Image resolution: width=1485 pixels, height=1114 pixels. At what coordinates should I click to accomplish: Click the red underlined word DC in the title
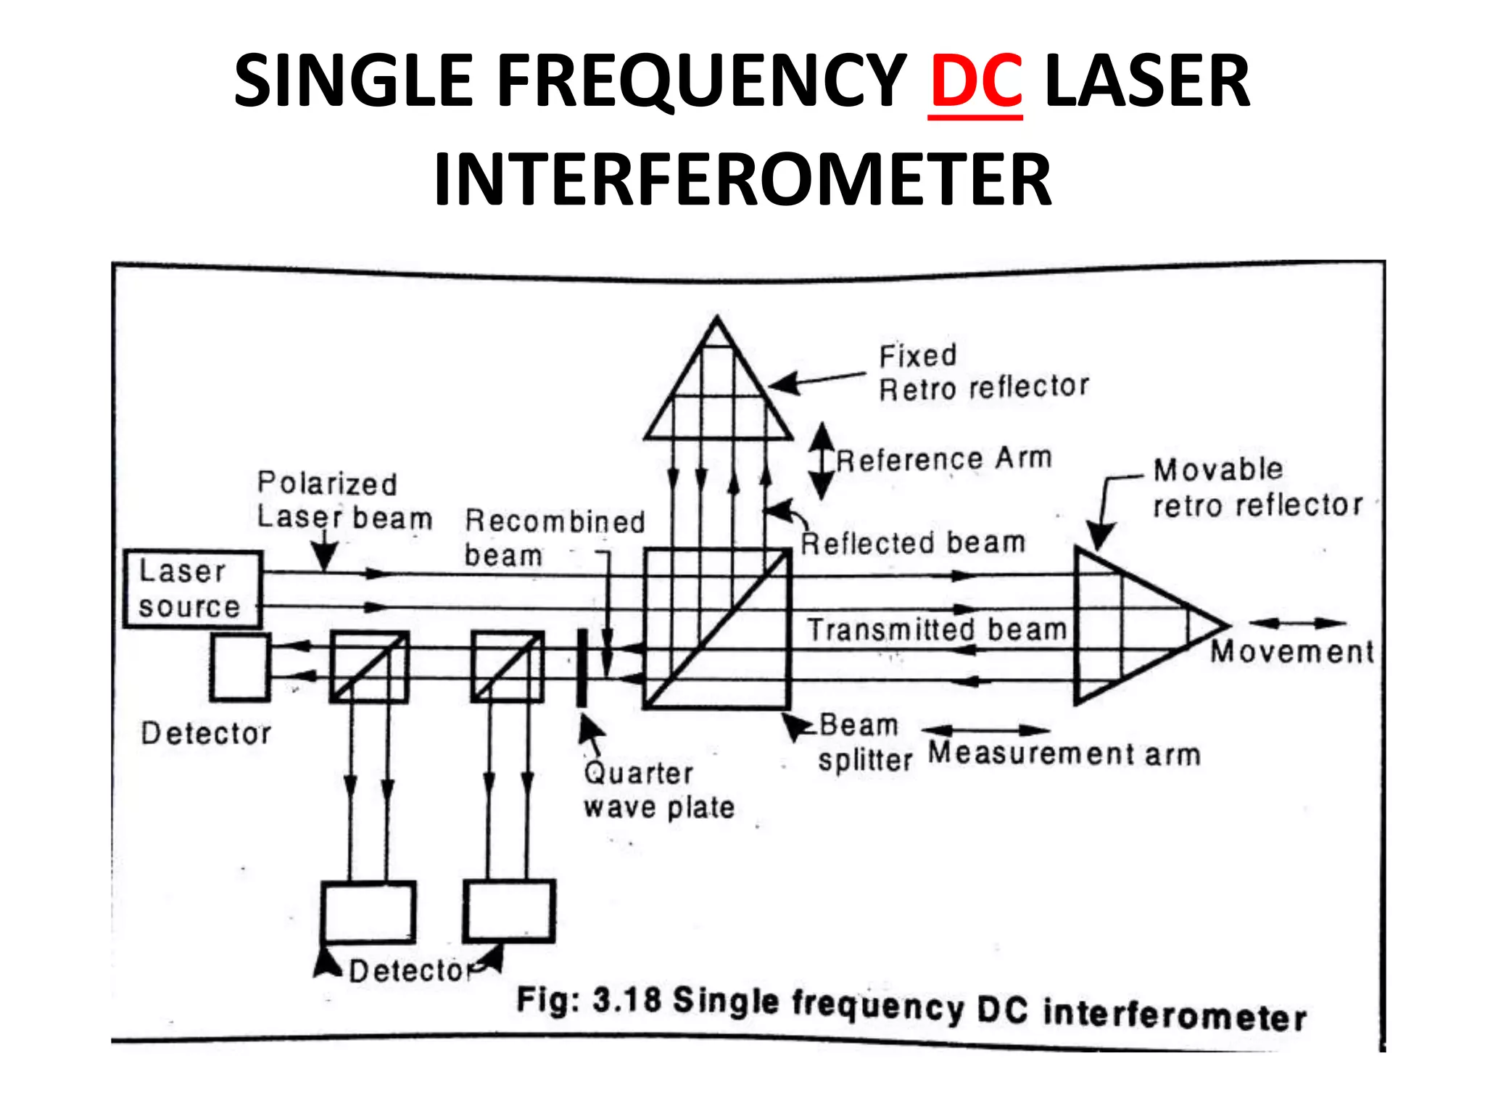tap(975, 82)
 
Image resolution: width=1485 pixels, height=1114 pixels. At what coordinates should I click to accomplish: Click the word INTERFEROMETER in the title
tap(742, 179)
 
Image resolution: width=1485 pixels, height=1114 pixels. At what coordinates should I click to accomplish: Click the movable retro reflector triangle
tap(1138, 625)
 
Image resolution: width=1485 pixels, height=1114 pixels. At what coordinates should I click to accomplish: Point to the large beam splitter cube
tap(717, 629)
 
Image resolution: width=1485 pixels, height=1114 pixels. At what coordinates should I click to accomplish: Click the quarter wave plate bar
tap(582, 668)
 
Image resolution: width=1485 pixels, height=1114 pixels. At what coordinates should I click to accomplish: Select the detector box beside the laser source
tap(240, 667)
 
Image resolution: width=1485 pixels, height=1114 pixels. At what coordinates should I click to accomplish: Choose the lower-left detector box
tap(368, 912)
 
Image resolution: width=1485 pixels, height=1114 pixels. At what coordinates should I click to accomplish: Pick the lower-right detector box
tap(509, 911)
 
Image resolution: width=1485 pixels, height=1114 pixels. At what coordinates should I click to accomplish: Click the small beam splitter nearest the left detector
tap(369, 667)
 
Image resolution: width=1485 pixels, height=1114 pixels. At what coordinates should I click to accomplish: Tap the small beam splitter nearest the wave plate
tap(508, 667)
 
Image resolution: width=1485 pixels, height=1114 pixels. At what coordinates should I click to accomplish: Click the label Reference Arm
tap(943, 459)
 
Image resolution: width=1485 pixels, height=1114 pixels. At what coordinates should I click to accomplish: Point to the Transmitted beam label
tap(936, 630)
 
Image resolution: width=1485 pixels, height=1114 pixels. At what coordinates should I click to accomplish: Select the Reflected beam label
tap(913, 542)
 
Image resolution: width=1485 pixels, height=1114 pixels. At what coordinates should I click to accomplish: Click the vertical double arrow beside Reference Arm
tap(822, 461)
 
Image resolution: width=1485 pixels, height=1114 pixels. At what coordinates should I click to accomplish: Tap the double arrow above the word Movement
tap(1297, 623)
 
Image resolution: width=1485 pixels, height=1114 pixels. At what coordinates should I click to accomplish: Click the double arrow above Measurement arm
tap(985, 730)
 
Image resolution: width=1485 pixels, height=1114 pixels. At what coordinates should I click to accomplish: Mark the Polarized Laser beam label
tap(344, 500)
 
